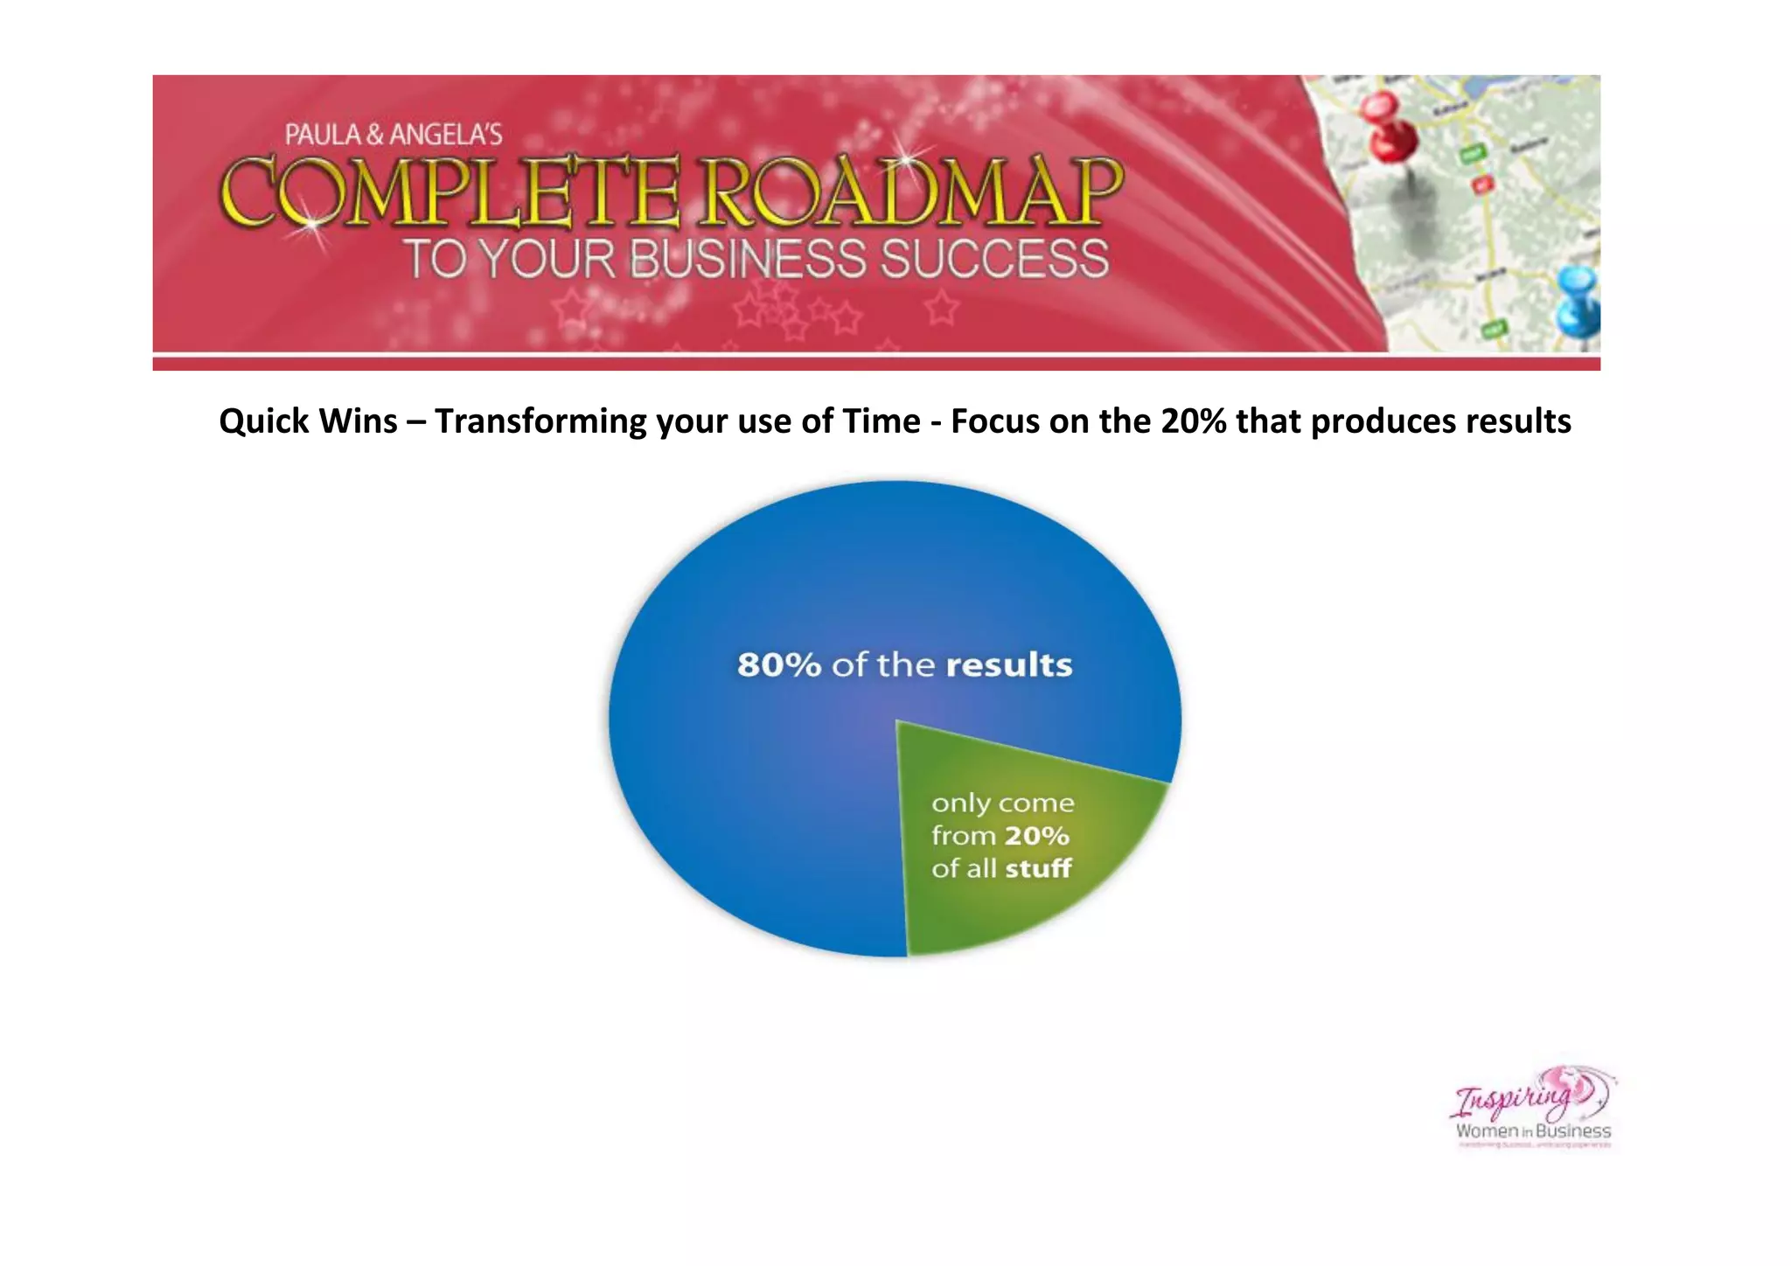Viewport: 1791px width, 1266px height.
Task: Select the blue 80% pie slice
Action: [770, 769]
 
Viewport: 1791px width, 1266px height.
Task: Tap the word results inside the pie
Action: [1008, 665]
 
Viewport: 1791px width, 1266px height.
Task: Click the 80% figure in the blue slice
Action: [779, 665]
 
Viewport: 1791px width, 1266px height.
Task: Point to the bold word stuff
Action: [1038, 869]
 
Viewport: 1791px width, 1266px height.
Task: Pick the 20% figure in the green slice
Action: [1036, 836]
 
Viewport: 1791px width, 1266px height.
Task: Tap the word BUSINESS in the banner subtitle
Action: [749, 260]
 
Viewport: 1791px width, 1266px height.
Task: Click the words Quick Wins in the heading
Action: [308, 421]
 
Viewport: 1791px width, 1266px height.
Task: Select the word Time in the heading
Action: [881, 421]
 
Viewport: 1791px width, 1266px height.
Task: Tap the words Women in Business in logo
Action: [1533, 1130]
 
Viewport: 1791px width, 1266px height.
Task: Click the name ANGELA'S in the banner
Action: [446, 135]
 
